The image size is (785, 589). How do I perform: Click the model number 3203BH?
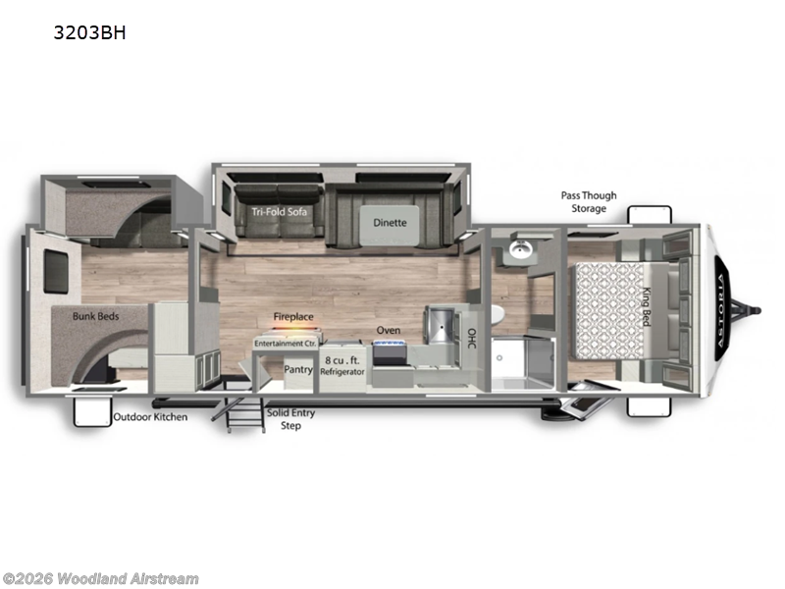point(91,32)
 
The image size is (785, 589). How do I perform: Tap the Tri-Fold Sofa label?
point(274,211)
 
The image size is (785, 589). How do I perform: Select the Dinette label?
point(390,222)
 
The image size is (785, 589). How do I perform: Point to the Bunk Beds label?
point(97,317)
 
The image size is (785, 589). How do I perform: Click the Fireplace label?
point(293,317)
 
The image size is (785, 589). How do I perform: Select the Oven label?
point(389,331)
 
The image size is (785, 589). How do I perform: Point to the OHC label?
point(471,338)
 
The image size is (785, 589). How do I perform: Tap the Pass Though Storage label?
point(590,201)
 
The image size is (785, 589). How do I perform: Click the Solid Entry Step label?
point(291,419)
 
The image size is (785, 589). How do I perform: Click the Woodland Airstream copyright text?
point(100,578)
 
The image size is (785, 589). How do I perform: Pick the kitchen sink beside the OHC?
point(441,323)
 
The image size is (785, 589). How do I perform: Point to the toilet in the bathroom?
point(497,313)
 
